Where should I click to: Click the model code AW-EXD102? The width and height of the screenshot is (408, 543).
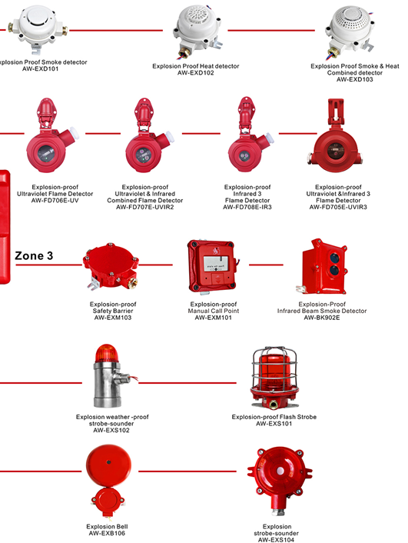coord(195,73)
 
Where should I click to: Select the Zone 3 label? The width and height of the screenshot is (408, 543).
coord(34,255)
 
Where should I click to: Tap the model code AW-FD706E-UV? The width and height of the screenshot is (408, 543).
coord(55,201)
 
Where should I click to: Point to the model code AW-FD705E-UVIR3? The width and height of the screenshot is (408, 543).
coord(338,207)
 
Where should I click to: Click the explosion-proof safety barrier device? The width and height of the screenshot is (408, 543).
coord(111,266)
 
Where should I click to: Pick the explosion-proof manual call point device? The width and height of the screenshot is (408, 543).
coord(213,266)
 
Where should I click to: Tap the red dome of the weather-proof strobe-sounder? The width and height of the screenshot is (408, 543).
coord(106,353)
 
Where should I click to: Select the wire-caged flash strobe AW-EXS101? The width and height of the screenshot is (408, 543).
coord(274,378)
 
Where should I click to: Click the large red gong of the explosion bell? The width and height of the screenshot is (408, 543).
coord(108,465)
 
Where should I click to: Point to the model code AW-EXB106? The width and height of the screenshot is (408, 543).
coord(107,533)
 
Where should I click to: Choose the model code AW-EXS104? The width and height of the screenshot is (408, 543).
coord(276,539)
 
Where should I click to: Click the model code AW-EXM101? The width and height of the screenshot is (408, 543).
coord(213,318)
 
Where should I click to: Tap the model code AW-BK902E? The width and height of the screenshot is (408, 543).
coord(322,318)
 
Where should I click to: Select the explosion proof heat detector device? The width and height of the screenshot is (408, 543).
coord(197,32)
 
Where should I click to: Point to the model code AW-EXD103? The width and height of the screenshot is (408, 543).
coord(355,79)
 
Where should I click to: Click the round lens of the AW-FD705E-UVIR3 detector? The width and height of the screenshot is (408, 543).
coord(335,152)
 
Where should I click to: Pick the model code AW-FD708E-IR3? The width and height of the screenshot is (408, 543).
coord(247,207)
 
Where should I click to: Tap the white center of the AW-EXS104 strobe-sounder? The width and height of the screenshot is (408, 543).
coord(280,471)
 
